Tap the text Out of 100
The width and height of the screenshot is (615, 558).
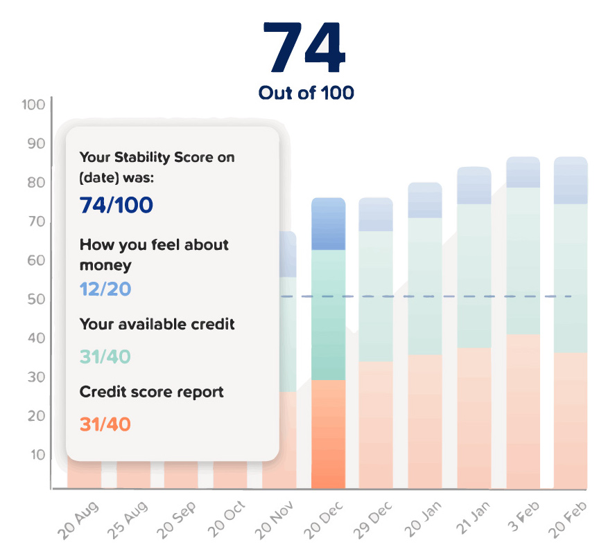[x=306, y=93]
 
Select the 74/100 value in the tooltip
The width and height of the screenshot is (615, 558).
[x=116, y=206]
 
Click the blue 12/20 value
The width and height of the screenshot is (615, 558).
[x=105, y=289]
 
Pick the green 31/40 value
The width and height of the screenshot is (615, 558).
[x=105, y=357]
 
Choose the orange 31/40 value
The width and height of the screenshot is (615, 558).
[x=105, y=424]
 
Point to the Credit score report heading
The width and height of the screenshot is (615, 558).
[x=151, y=392]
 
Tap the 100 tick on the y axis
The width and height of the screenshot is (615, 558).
[x=33, y=105]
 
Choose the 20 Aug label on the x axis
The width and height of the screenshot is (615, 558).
[x=78, y=519]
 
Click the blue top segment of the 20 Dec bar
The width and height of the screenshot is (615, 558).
[x=328, y=224]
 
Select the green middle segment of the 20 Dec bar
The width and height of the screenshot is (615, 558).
[x=328, y=315]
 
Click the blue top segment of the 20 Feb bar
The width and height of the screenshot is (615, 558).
[x=571, y=181]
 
